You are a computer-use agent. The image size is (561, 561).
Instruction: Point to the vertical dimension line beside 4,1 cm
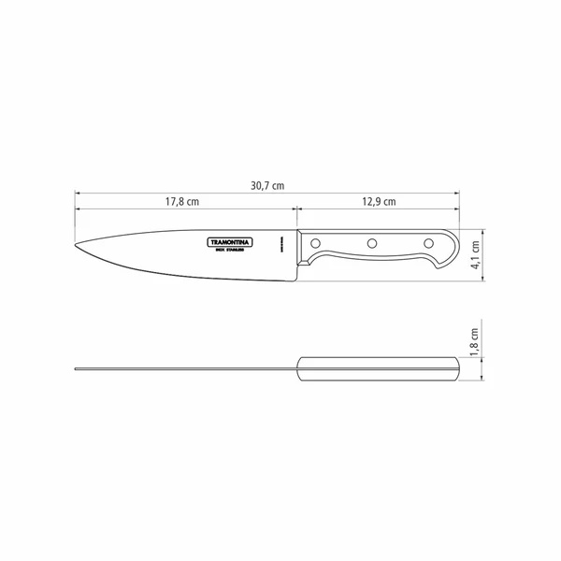[x=484, y=252]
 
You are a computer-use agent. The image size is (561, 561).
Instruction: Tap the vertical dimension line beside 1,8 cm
[x=484, y=367]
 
